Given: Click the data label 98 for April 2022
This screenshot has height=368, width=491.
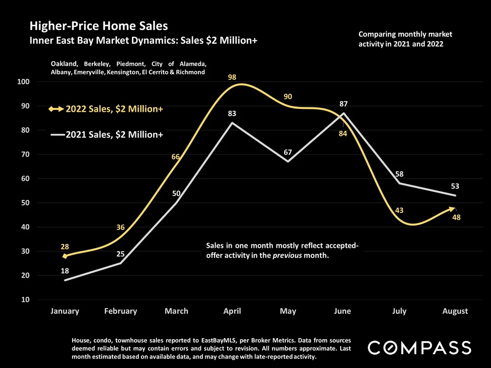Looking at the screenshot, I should click(x=232, y=77).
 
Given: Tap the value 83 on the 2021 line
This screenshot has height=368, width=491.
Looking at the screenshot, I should click(x=232, y=114).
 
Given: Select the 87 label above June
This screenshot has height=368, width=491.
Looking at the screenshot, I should click(x=343, y=104).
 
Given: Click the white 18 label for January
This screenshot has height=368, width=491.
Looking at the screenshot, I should click(x=65, y=271).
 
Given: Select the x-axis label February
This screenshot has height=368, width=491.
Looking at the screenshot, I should click(x=120, y=311).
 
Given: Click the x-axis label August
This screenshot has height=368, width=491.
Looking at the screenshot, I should click(x=455, y=311).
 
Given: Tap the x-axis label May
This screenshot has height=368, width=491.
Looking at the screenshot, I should click(x=287, y=311).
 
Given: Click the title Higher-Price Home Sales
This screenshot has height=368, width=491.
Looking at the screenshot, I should click(x=99, y=26).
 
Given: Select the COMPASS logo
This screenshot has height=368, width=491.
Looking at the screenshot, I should click(x=420, y=348).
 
